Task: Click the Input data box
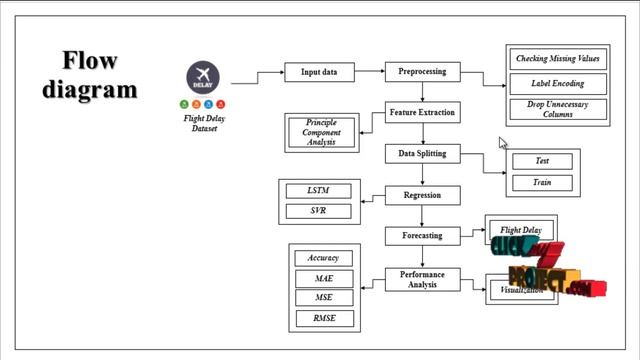[319, 72]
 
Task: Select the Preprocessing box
[422, 72]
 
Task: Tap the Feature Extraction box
[422, 113]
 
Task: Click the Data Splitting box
[422, 154]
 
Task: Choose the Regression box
[422, 195]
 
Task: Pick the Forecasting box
[422, 236]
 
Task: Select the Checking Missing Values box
[557, 60]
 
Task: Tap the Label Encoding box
[557, 84]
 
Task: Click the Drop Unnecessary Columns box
[557, 109]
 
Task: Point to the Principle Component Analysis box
[321, 132]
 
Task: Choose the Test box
[541, 161]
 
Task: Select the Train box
[541, 183]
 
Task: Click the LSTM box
[317, 191]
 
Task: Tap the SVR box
[317, 211]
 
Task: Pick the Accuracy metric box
[324, 258]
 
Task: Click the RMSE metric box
[324, 319]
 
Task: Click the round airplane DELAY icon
[203, 77]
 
